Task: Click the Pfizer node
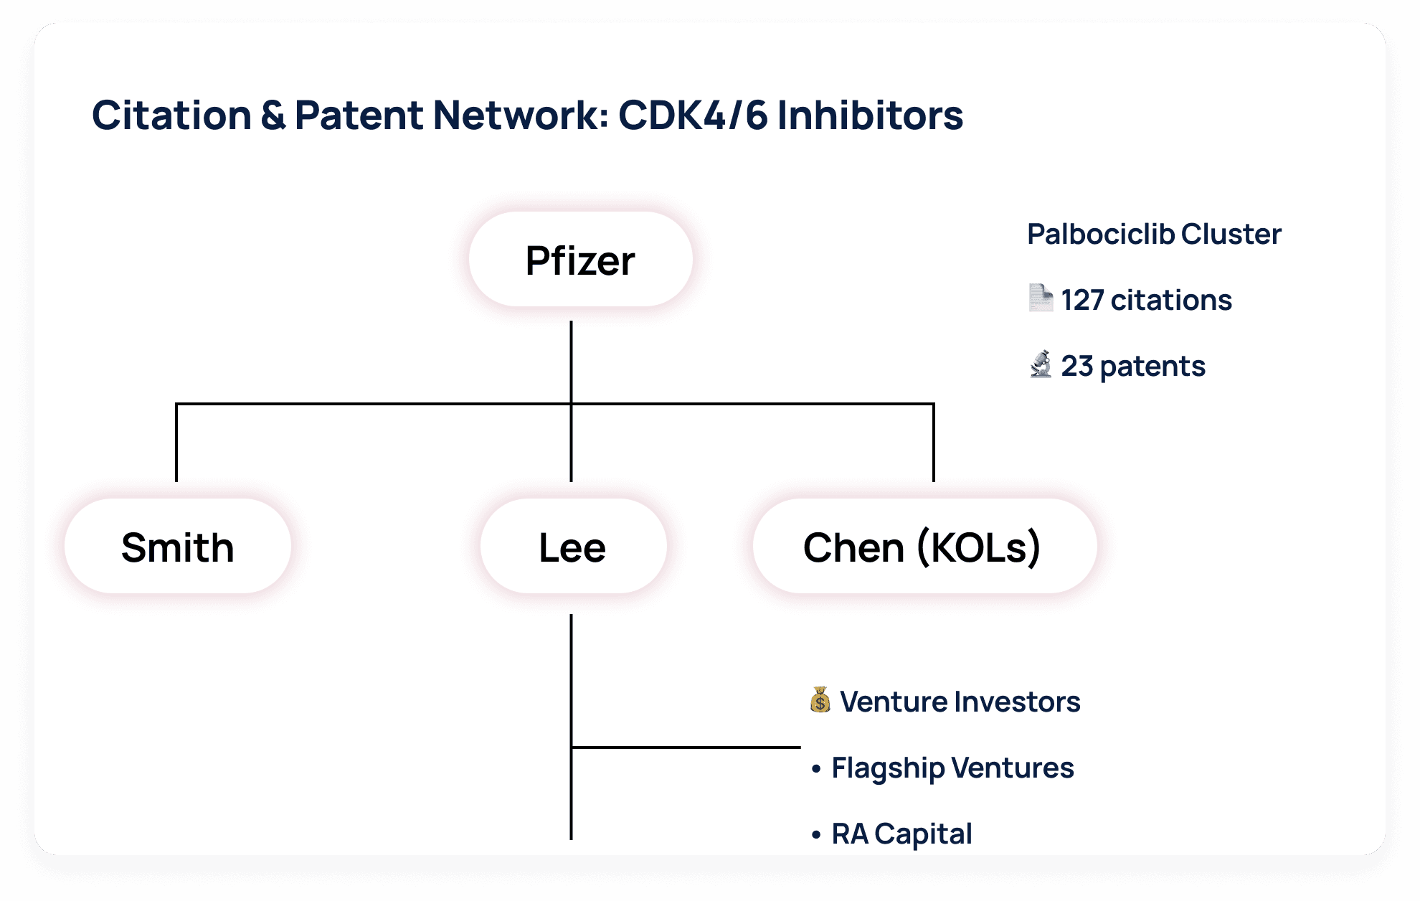[580, 260]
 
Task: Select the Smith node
[177, 547]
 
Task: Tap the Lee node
[572, 547]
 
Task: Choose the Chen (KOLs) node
[923, 547]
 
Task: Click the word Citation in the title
[171, 115]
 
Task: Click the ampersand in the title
[273, 115]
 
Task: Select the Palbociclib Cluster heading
[1153, 234]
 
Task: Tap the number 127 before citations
[1081, 300]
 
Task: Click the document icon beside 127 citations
[1040, 298]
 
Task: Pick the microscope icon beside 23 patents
[1040, 364]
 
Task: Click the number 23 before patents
[1076, 366]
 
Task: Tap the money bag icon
[820, 700]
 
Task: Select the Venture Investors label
[960, 702]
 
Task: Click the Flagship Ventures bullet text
[952, 768]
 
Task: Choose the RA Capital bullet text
[901, 834]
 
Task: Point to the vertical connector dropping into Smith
[176, 445]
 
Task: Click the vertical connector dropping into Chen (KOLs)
[934, 445]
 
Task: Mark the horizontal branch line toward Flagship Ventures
[685, 747]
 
